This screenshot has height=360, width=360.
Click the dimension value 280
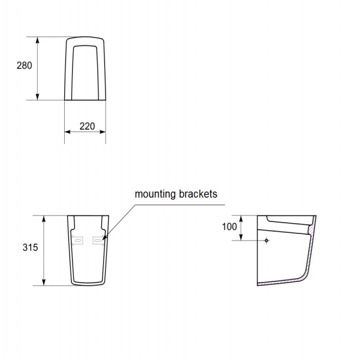[24, 65]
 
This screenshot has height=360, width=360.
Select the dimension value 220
[87, 126]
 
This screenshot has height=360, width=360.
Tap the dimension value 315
[31, 247]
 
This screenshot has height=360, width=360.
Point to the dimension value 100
[229, 227]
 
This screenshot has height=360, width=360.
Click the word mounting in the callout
[155, 194]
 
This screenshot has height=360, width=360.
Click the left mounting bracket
[77, 241]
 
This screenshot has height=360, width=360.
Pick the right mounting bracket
[98, 241]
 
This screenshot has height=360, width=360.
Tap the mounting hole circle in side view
[266, 241]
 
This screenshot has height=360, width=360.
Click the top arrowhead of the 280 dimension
[38, 40]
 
